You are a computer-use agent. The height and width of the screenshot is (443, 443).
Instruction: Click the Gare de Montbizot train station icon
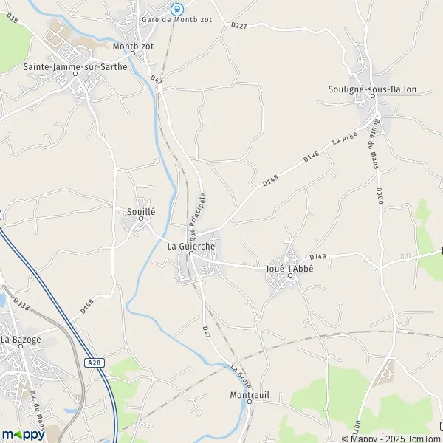pyautogui.click(x=176, y=9)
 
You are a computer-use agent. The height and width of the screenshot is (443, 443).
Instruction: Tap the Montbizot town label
pyautogui.click(x=133, y=46)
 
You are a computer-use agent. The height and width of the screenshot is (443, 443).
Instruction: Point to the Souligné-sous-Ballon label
pyautogui.click(x=372, y=89)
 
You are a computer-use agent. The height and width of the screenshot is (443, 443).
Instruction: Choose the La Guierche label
pyautogui.click(x=191, y=246)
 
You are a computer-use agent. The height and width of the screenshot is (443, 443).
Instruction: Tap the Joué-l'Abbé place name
pyautogui.click(x=289, y=269)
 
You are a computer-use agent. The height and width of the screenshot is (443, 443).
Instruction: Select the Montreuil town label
pyautogui.click(x=249, y=395)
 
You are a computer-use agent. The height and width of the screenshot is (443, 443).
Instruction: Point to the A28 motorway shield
pyautogui.click(x=92, y=363)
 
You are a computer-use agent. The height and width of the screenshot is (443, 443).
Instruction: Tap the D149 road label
pyautogui.click(x=317, y=256)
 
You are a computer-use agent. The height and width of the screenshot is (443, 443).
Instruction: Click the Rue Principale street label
pyautogui.click(x=199, y=217)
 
